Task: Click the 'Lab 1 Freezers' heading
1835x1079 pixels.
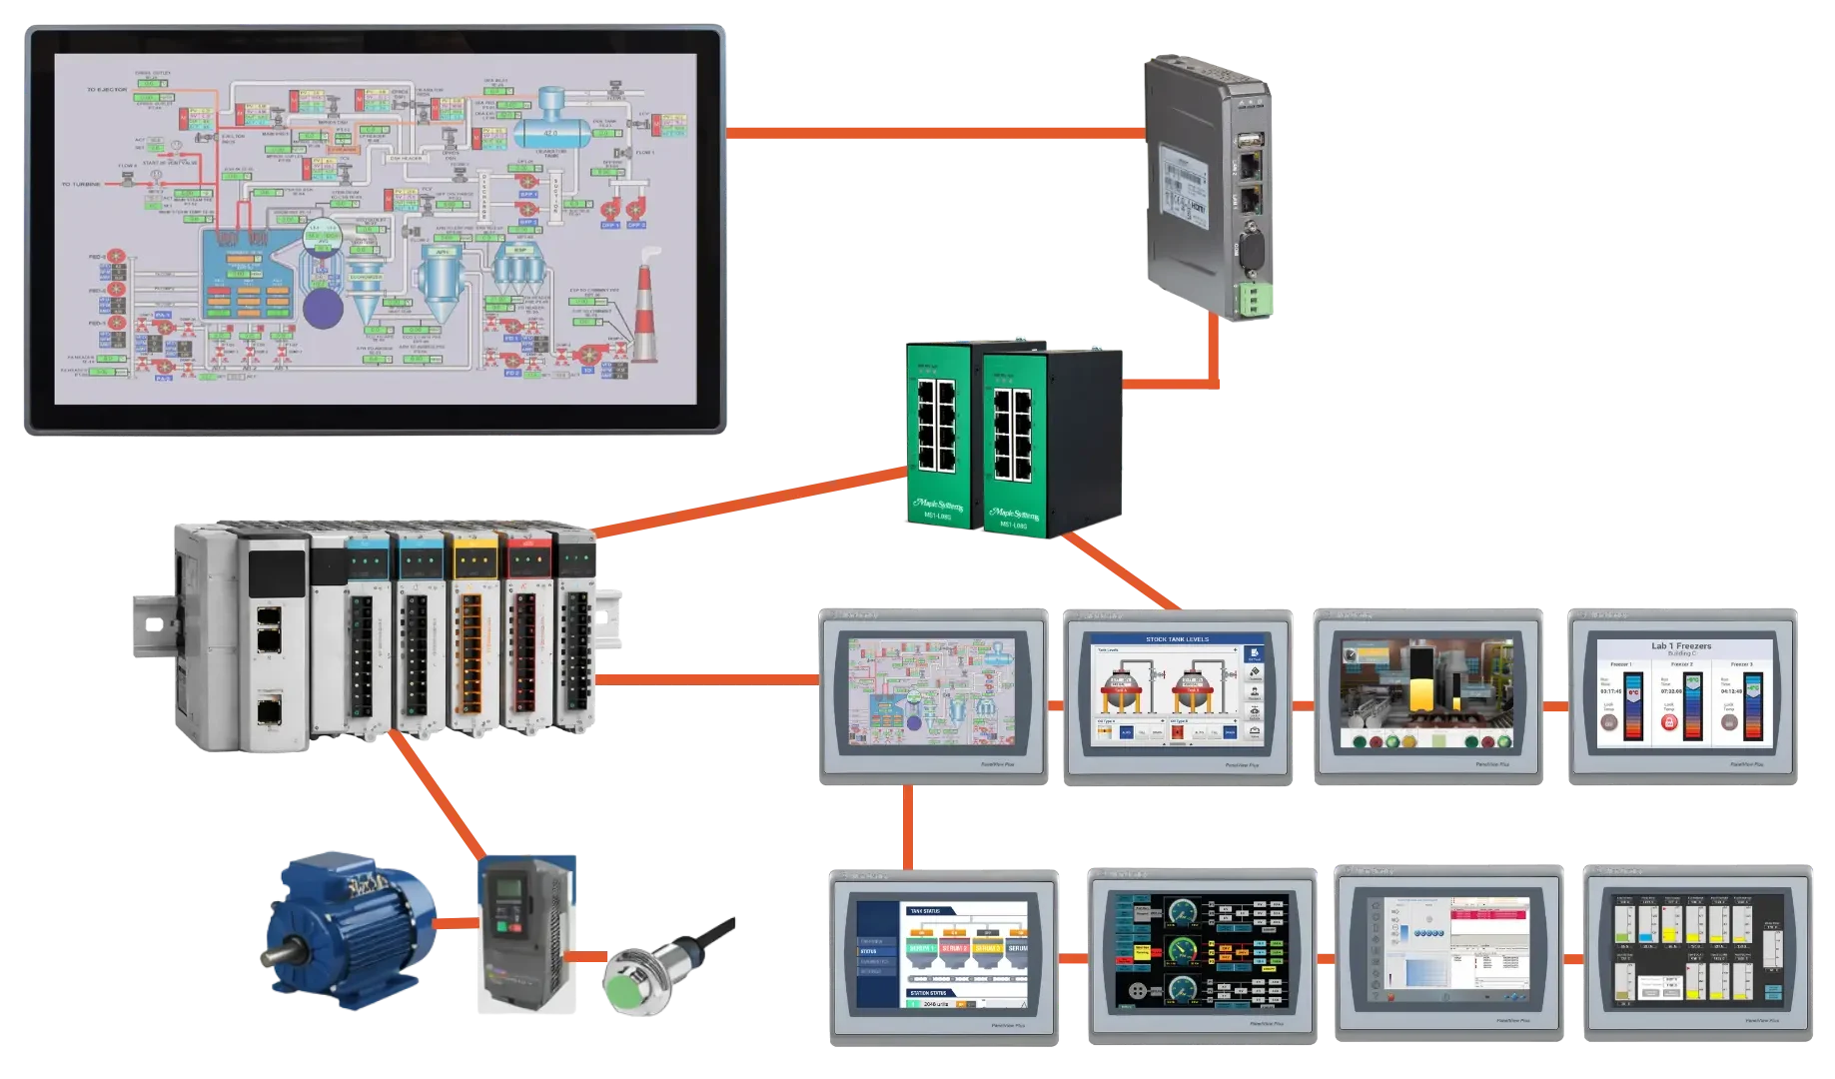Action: [1681, 646]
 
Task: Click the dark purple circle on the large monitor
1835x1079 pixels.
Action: [323, 307]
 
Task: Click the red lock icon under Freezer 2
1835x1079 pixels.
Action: [1667, 720]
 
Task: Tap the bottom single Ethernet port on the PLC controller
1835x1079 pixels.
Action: [268, 711]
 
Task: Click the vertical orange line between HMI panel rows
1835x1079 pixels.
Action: [907, 826]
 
